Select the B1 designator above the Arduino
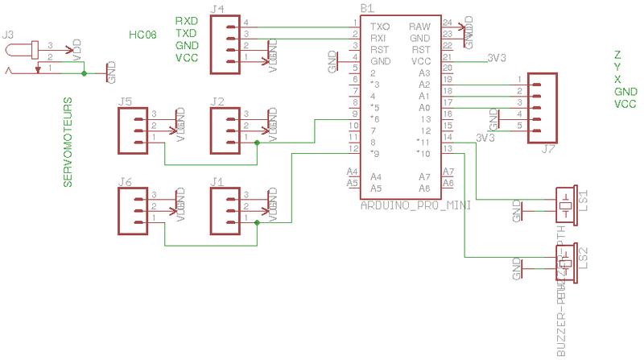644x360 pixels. pyautogui.click(x=367, y=7)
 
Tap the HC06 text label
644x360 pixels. pyautogui.click(x=142, y=35)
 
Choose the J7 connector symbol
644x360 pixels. pyautogui.click(x=543, y=108)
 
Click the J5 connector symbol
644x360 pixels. pyautogui.click(x=134, y=131)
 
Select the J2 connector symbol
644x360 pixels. pyautogui.click(x=226, y=131)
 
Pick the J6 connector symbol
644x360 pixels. pyautogui.click(x=134, y=212)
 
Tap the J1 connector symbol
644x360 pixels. pyautogui.click(x=226, y=212)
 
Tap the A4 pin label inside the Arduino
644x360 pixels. pyautogui.click(x=376, y=176)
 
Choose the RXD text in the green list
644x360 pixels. pyautogui.click(x=187, y=20)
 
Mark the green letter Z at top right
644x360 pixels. pyautogui.click(x=617, y=56)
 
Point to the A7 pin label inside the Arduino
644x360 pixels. pyautogui.click(x=424, y=176)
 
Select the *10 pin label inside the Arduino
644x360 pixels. pyautogui.click(x=423, y=153)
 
